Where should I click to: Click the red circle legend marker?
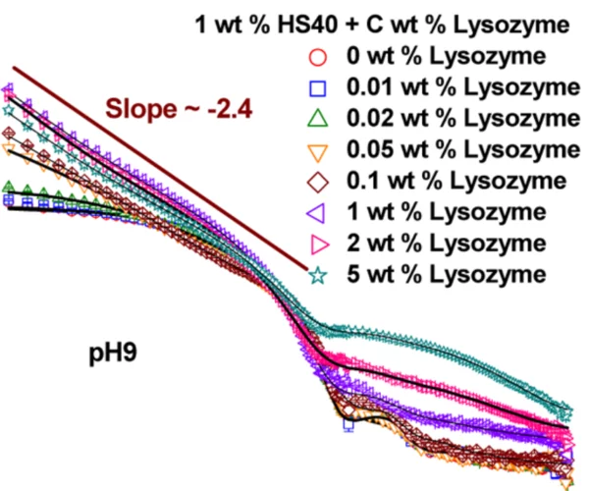pos(316,55)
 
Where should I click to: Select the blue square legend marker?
pos(316,86)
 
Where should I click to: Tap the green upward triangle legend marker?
pos(316,118)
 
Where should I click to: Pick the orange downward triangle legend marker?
pos(316,150)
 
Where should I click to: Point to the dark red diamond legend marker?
pos(316,181)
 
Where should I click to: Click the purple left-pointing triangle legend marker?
pos(315,211)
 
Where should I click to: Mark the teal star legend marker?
pos(316,274)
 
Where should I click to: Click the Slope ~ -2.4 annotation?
pos(180,108)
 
